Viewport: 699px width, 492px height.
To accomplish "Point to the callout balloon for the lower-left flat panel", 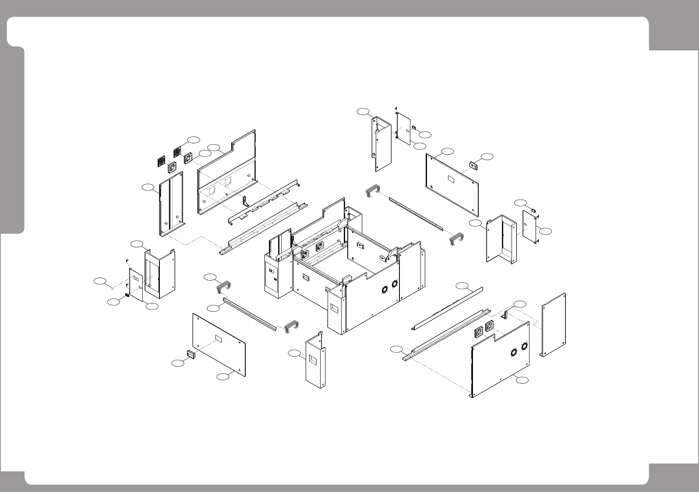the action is pyautogui.click(x=224, y=376).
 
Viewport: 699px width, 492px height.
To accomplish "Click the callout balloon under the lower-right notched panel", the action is pyautogui.click(x=520, y=380).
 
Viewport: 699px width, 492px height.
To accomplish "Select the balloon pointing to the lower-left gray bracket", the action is pyautogui.click(x=211, y=277).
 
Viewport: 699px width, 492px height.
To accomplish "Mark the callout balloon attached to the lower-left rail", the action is pyautogui.click(x=213, y=308).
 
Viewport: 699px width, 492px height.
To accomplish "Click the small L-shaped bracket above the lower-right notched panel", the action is pyautogui.click(x=505, y=314).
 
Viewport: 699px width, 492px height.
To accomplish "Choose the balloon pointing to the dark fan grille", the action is pyautogui.click(x=194, y=139).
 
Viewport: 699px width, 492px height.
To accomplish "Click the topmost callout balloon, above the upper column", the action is pyautogui.click(x=363, y=111).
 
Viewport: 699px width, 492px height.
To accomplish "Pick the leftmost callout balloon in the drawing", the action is pyautogui.click(x=101, y=281).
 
